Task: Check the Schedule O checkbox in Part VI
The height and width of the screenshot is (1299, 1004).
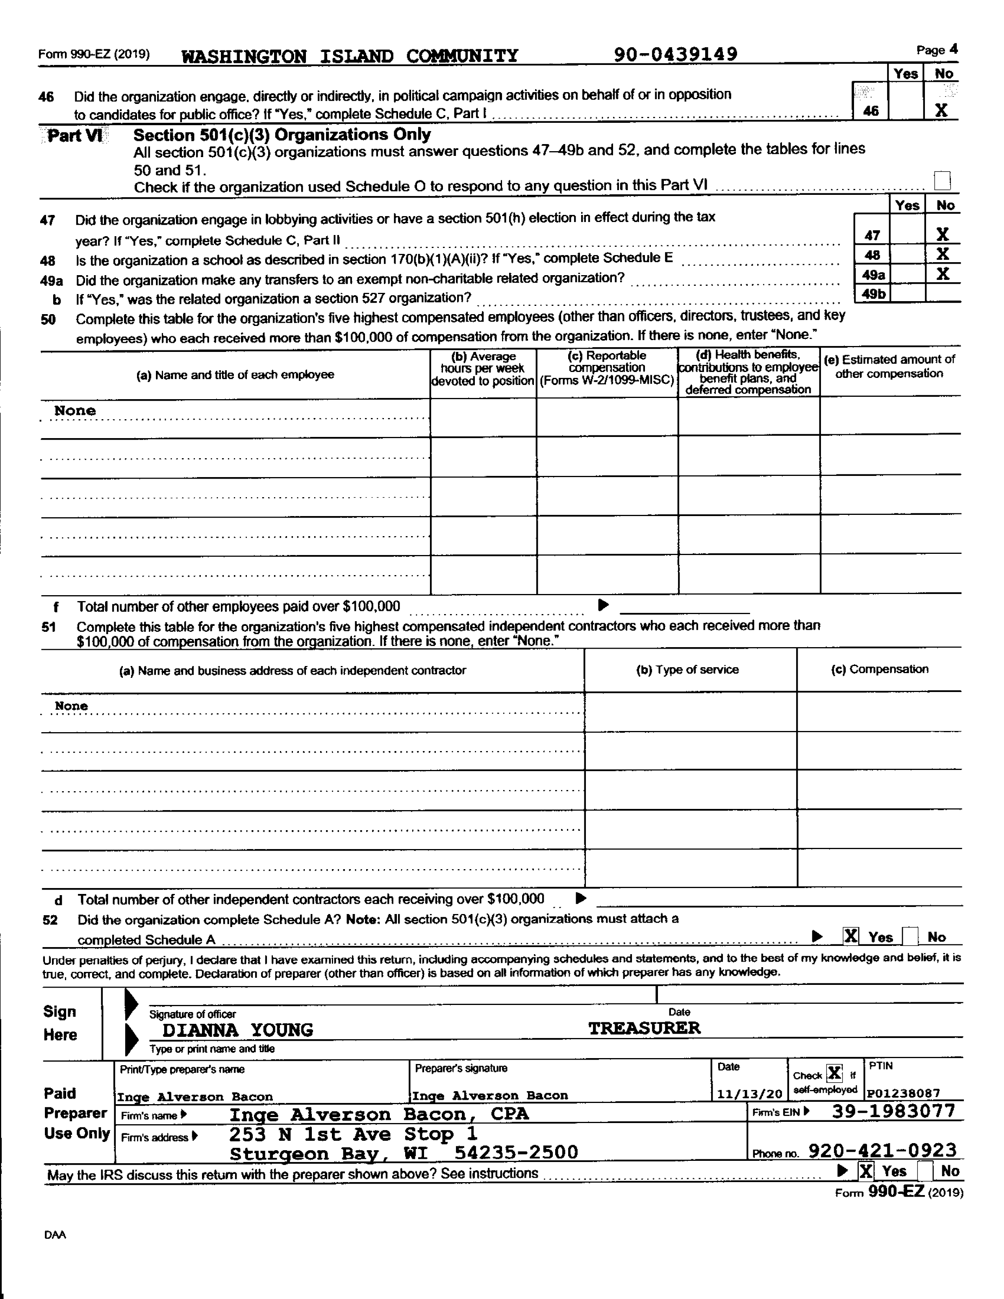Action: pos(943,179)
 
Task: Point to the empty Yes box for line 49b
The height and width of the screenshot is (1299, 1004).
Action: pos(908,293)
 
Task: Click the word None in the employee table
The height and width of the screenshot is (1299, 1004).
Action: pos(75,411)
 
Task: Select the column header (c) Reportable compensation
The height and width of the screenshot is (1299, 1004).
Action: pos(607,368)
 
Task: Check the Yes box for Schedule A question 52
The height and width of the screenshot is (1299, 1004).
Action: pos(850,936)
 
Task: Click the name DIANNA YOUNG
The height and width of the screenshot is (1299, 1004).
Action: pos(238,1030)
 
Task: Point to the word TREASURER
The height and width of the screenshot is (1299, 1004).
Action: pos(644,1028)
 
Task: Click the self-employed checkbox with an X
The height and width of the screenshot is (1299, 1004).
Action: pos(834,1073)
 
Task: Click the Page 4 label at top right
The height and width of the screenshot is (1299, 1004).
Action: pos(937,50)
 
